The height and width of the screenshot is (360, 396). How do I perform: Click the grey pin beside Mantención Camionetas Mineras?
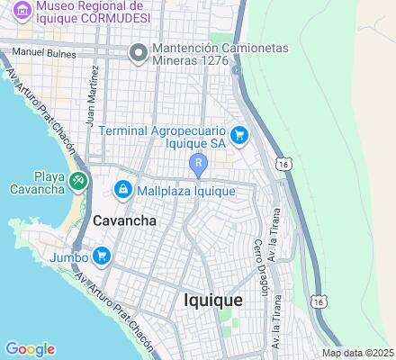pos(138,53)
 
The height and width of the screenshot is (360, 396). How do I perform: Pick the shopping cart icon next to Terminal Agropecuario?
pos(238,136)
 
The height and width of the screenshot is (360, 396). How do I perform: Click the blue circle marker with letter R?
pos(198,163)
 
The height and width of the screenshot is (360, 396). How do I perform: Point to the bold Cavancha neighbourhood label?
pos(125,220)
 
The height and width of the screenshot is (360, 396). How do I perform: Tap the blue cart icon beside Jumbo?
pos(101,256)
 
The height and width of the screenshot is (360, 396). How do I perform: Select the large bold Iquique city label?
pos(213,301)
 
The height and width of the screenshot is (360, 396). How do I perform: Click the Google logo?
pos(30,349)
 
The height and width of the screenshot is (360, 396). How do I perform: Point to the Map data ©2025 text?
pos(358,353)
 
